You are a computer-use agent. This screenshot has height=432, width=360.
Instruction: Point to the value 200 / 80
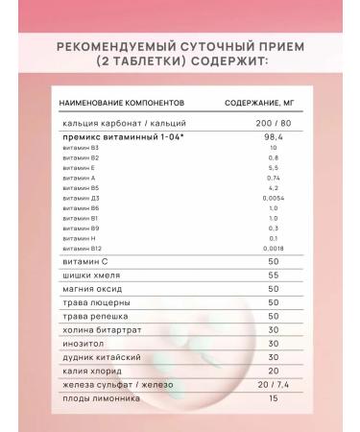coord(274,123)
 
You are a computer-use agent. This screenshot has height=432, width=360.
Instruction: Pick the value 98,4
coord(275,136)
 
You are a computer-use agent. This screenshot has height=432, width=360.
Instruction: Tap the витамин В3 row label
coord(80,148)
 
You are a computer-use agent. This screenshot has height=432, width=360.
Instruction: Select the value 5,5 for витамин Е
coord(274,168)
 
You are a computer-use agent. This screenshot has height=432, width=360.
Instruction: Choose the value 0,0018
coord(275,249)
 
